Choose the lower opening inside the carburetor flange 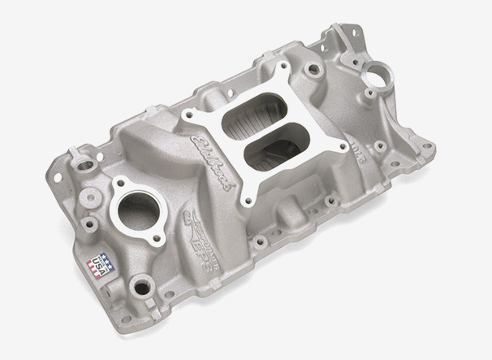tap(272, 150)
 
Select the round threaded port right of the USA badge tap(141, 285)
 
